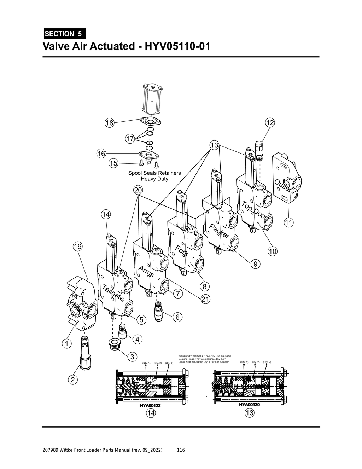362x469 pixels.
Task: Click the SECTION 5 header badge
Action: click(x=64, y=34)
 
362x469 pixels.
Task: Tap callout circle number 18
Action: click(x=109, y=123)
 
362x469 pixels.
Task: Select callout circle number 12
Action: click(x=270, y=122)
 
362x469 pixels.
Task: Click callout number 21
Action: click(x=205, y=299)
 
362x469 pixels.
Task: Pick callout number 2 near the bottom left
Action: click(x=72, y=380)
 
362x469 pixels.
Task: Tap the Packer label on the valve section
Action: click(x=220, y=231)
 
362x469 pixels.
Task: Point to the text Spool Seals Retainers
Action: click(x=154, y=173)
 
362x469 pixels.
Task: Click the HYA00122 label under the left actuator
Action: click(x=151, y=406)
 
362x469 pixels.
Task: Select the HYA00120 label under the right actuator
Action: click(x=249, y=405)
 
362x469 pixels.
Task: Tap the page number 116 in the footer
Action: click(x=181, y=450)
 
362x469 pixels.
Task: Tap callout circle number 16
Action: click(x=101, y=154)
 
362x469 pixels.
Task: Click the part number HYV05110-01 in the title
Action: click(x=175, y=46)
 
